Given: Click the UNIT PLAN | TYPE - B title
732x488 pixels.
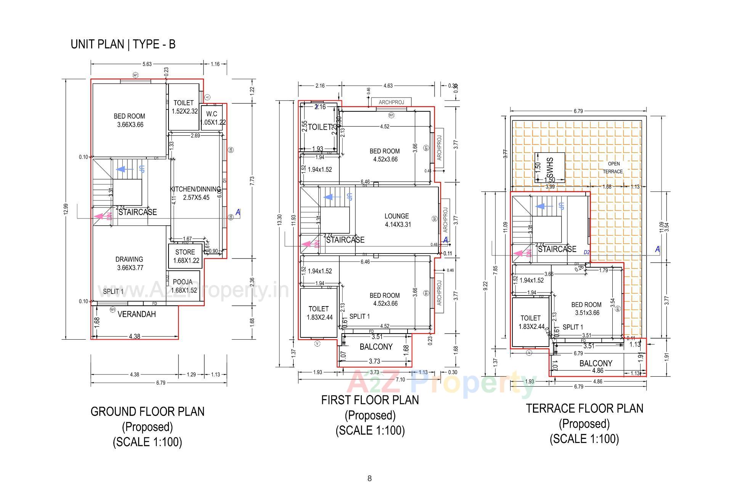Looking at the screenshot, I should click(123, 44).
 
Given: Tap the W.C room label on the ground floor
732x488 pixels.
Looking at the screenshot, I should click(212, 114).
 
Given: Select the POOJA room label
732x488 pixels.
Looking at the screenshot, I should click(183, 282).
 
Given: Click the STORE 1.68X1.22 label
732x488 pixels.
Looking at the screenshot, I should click(185, 256).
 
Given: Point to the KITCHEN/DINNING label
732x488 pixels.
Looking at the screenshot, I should click(195, 189).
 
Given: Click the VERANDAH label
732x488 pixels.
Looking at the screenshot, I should click(136, 314).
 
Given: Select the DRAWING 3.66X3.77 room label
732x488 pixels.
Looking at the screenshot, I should click(130, 263).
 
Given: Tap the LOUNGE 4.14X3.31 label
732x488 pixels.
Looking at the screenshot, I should click(396, 220).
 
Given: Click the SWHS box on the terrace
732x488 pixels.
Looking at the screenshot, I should click(549, 167).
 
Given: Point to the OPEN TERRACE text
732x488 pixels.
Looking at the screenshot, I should click(613, 167).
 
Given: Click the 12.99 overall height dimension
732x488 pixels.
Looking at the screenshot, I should click(66, 209).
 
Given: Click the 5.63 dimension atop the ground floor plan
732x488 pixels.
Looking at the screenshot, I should click(146, 64).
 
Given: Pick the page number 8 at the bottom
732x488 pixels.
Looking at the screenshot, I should click(369, 478).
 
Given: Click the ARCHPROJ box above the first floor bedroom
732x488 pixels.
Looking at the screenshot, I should click(391, 102).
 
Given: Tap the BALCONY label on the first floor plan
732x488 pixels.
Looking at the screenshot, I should click(376, 347).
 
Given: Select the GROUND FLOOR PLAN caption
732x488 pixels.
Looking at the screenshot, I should click(148, 412).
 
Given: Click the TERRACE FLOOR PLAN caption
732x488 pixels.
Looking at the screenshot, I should click(584, 409).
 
